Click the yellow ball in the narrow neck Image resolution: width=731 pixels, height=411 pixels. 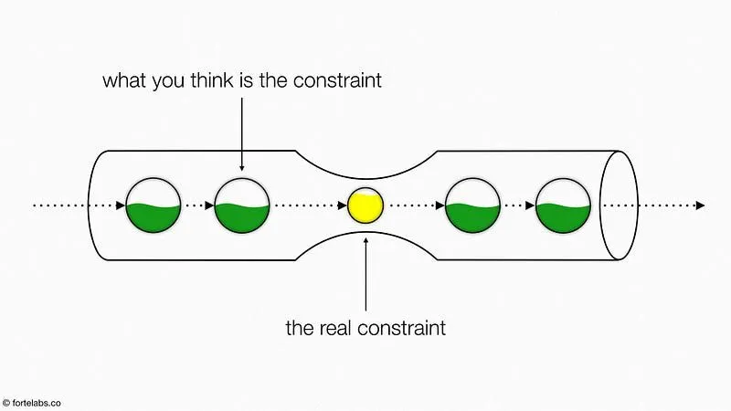click(x=365, y=205)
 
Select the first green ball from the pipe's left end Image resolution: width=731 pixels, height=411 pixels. click(x=153, y=205)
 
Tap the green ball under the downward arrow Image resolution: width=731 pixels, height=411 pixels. click(x=242, y=205)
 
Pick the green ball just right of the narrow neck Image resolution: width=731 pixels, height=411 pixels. click(x=472, y=205)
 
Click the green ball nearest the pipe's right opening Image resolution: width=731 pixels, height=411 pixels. click(x=563, y=205)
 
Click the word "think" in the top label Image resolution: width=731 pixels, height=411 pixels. click(x=210, y=80)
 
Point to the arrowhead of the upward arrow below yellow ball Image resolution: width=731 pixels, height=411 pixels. click(x=365, y=240)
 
